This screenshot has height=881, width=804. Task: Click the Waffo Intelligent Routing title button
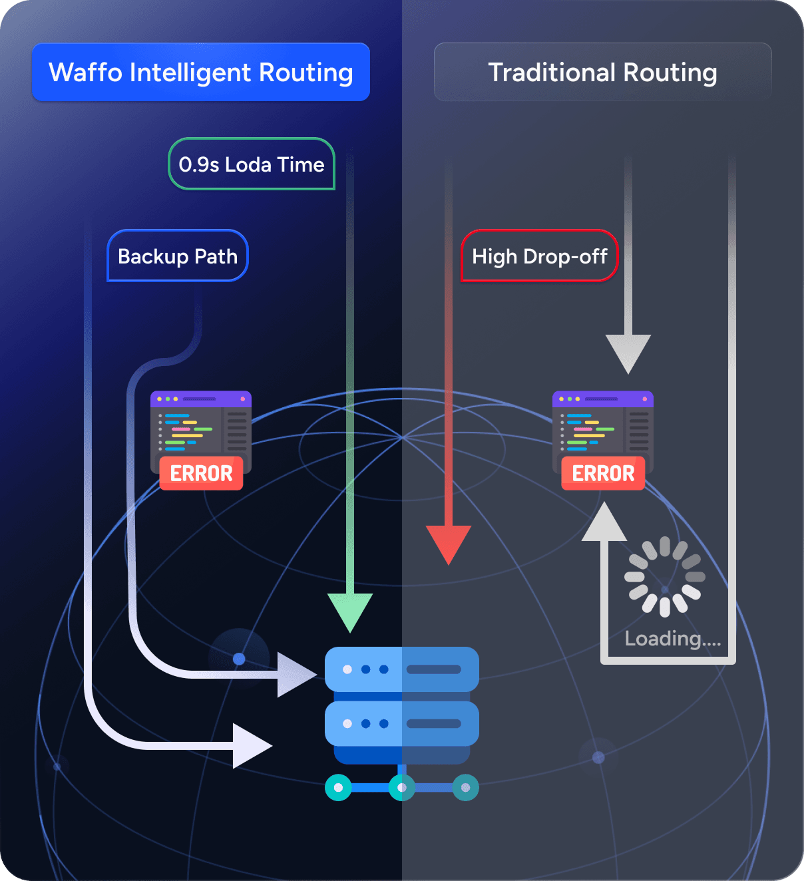pyautogui.click(x=200, y=72)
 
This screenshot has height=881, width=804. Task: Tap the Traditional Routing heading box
pyautogui.click(x=602, y=72)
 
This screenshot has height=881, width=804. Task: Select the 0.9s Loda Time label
pyautogui.click(x=252, y=164)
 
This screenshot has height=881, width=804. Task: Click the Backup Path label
pyautogui.click(x=178, y=256)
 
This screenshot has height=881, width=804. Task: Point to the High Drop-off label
pyautogui.click(x=539, y=256)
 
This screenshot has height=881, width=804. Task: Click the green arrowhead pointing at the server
pyautogui.click(x=350, y=611)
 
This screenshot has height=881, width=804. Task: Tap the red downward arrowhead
pyautogui.click(x=449, y=542)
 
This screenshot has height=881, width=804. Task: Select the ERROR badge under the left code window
pyautogui.click(x=201, y=473)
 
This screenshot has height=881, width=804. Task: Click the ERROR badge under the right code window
pyautogui.click(x=603, y=473)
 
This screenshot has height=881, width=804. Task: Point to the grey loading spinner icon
pyautogui.click(x=664, y=576)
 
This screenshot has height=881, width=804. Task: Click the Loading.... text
pyautogui.click(x=672, y=639)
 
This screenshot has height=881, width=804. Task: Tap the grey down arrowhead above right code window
pyautogui.click(x=628, y=352)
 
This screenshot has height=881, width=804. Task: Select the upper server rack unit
pyautogui.click(x=401, y=669)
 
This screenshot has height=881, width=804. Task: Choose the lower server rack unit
pyautogui.click(x=401, y=723)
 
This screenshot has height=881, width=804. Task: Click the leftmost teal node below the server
pyautogui.click(x=338, y=788)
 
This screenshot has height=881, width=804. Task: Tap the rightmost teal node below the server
pyautogui.click(x=465, y=788)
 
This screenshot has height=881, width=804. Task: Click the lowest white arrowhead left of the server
pyautogui.click(x=251, y=746)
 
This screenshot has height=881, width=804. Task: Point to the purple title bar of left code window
pyautogui.click(x=201, y=399)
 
